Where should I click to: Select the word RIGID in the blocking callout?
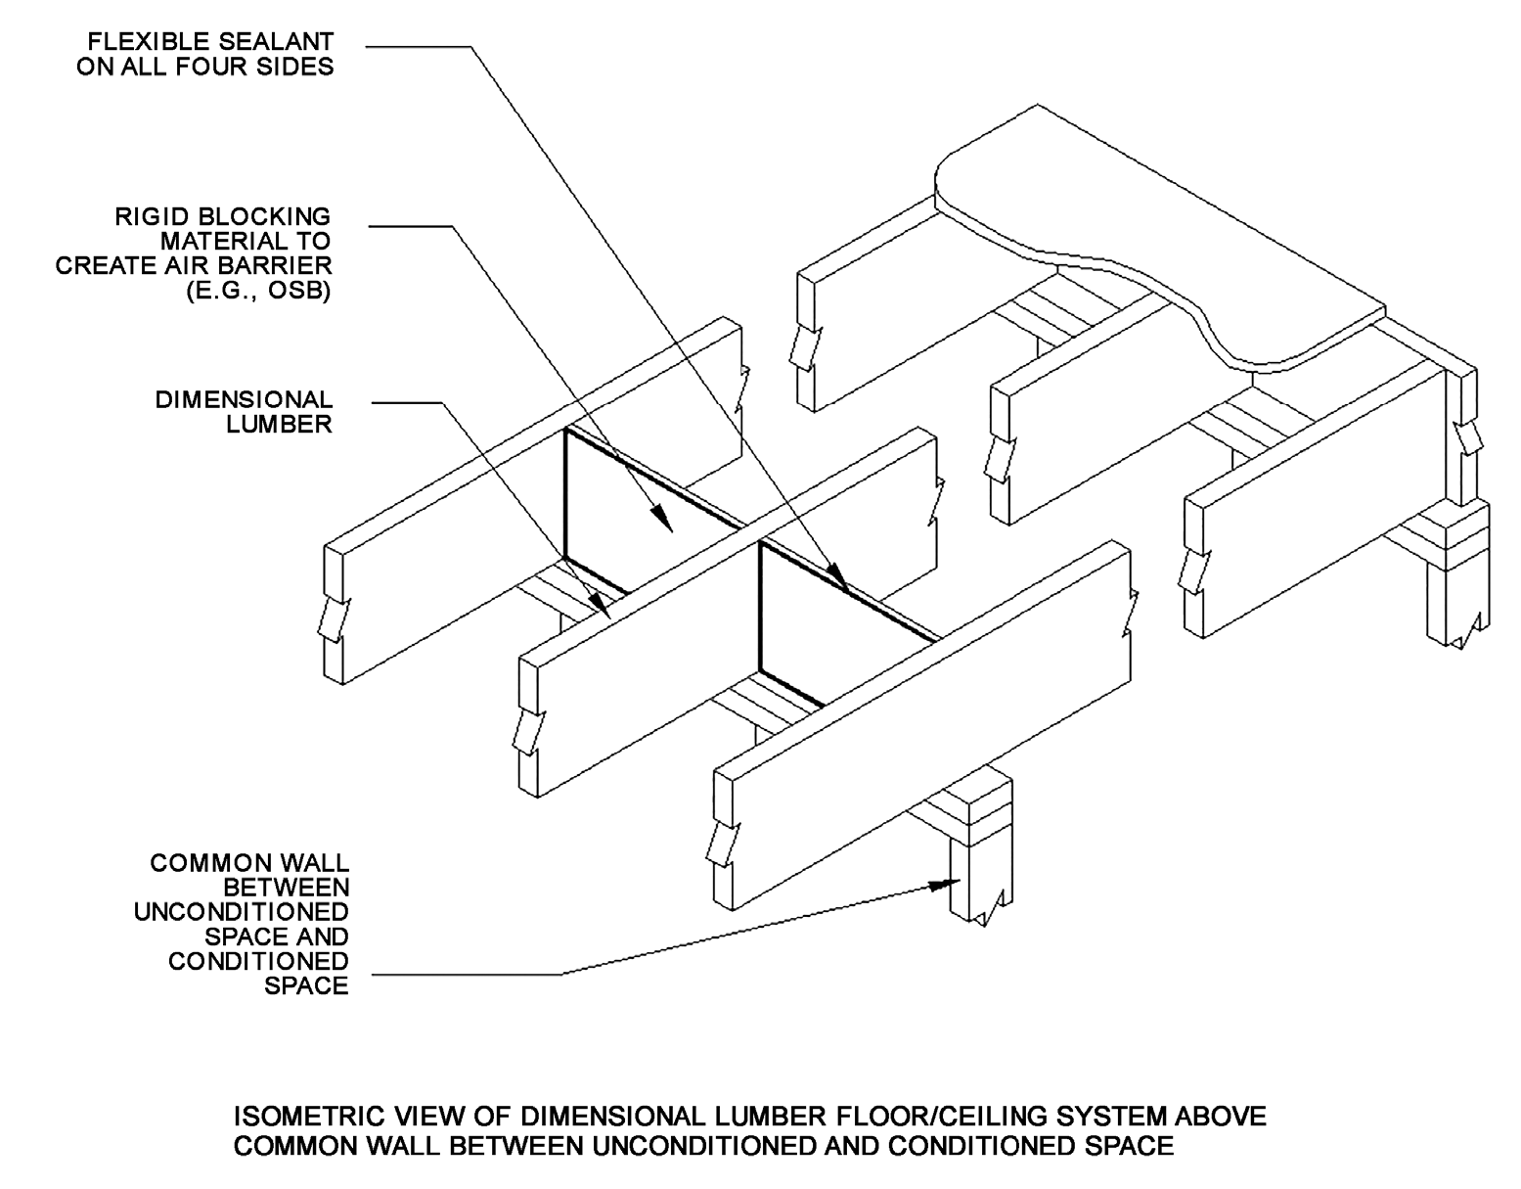148,216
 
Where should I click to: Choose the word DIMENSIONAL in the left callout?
244,399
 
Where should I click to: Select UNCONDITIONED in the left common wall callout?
241,912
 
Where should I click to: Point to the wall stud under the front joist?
978,871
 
